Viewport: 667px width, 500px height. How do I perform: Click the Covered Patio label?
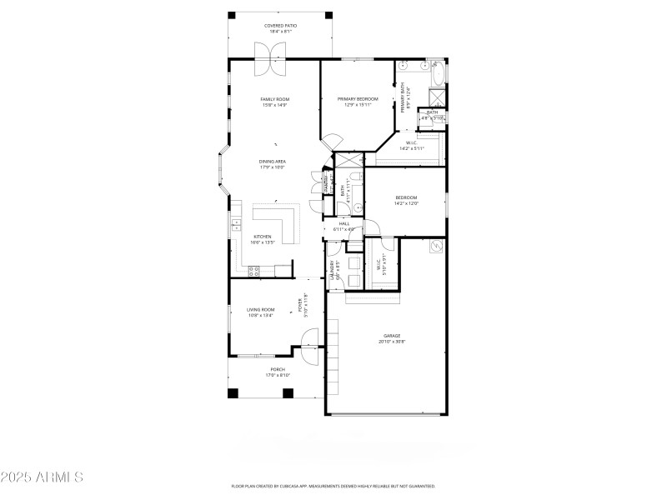point(280,26)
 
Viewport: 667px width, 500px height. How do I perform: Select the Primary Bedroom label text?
point(358,99)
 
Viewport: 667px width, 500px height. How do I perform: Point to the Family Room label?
point(274,99)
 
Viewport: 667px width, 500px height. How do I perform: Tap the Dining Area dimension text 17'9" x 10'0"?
point(273,167)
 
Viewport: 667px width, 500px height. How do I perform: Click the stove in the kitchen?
point(254,269)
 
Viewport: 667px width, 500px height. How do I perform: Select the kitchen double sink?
point(236,224)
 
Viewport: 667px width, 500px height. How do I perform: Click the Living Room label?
point(261,309)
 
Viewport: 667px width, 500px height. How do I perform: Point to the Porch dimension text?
point(278,375)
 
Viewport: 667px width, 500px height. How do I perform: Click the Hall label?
point(344,223)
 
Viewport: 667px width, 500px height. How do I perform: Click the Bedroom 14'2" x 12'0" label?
point(406,197)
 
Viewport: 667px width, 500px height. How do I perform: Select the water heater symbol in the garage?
point(436,247)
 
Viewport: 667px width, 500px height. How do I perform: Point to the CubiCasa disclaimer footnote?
point(333,486)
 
